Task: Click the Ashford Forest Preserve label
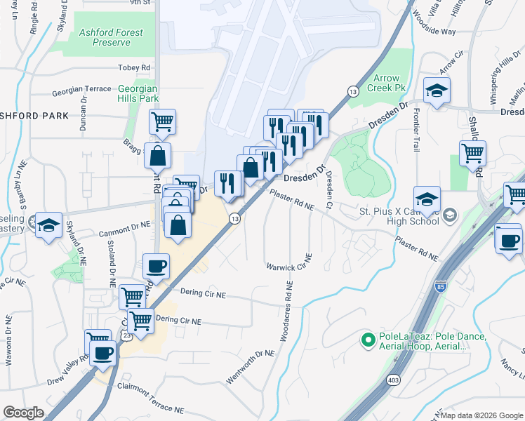(111, 37)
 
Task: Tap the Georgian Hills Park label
(138, 93)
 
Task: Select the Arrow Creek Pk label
(390, 83)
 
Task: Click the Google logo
(23, 413)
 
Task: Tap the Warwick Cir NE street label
(289, 267)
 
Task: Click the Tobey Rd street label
(135, 67)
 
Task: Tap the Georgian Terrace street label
(81, 90)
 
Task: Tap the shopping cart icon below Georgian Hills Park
(162, 122)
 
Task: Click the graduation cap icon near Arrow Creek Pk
(437, 91)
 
